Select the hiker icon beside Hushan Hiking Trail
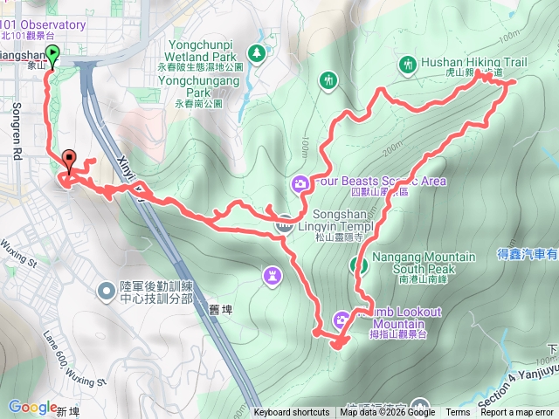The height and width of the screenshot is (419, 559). [x=407, y=64]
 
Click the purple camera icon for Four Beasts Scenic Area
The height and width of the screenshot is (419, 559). [x=299, y=182]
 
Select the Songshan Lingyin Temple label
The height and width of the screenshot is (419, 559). [x=335, y=227]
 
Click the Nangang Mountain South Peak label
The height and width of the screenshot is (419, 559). [x=424, y=263]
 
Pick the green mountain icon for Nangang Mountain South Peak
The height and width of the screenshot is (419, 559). [x=357, y=264]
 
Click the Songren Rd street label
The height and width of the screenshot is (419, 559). [x=17, y=132]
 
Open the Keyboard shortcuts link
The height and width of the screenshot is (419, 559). [x=292, y=413]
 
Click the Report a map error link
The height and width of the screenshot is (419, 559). [x=517, y=413]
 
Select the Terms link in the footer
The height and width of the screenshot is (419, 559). [x=458, y=413]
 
